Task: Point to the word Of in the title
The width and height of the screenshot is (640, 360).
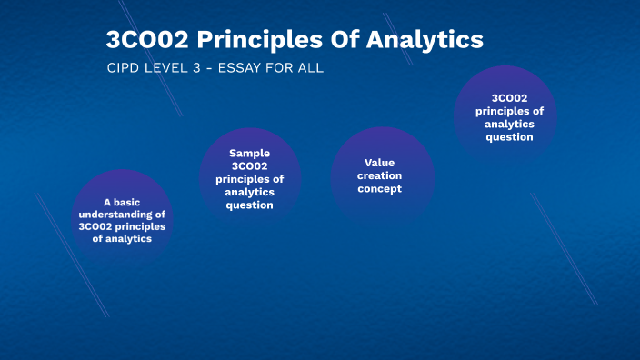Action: point(339,40)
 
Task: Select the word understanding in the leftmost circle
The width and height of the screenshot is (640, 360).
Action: point(116,215)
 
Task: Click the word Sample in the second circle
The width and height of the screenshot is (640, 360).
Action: point(250,153)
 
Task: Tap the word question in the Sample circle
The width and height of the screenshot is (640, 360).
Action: point(250,205)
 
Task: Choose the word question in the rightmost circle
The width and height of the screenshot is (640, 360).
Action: point(510,137)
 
